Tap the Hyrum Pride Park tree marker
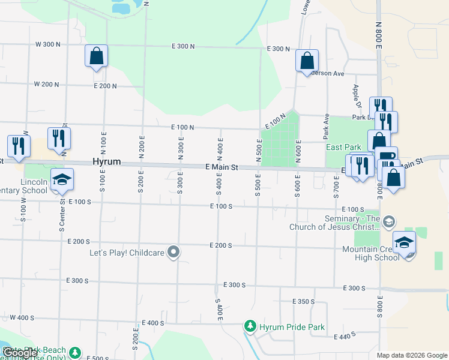[x=250, y=326]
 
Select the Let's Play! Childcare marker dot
[x=173, y=252]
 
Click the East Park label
[x=343, y=147]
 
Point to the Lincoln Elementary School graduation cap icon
[x=61, y=179]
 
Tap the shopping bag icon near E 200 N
[x=96, y=56]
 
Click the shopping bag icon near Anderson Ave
[x=307, y=60]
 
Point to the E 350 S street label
[x=304, y=301]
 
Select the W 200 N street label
[x=47, y=85]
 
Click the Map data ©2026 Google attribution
[x=412, y=355]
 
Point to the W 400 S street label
[x=22, y=317]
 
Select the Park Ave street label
[x=327, y=124]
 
